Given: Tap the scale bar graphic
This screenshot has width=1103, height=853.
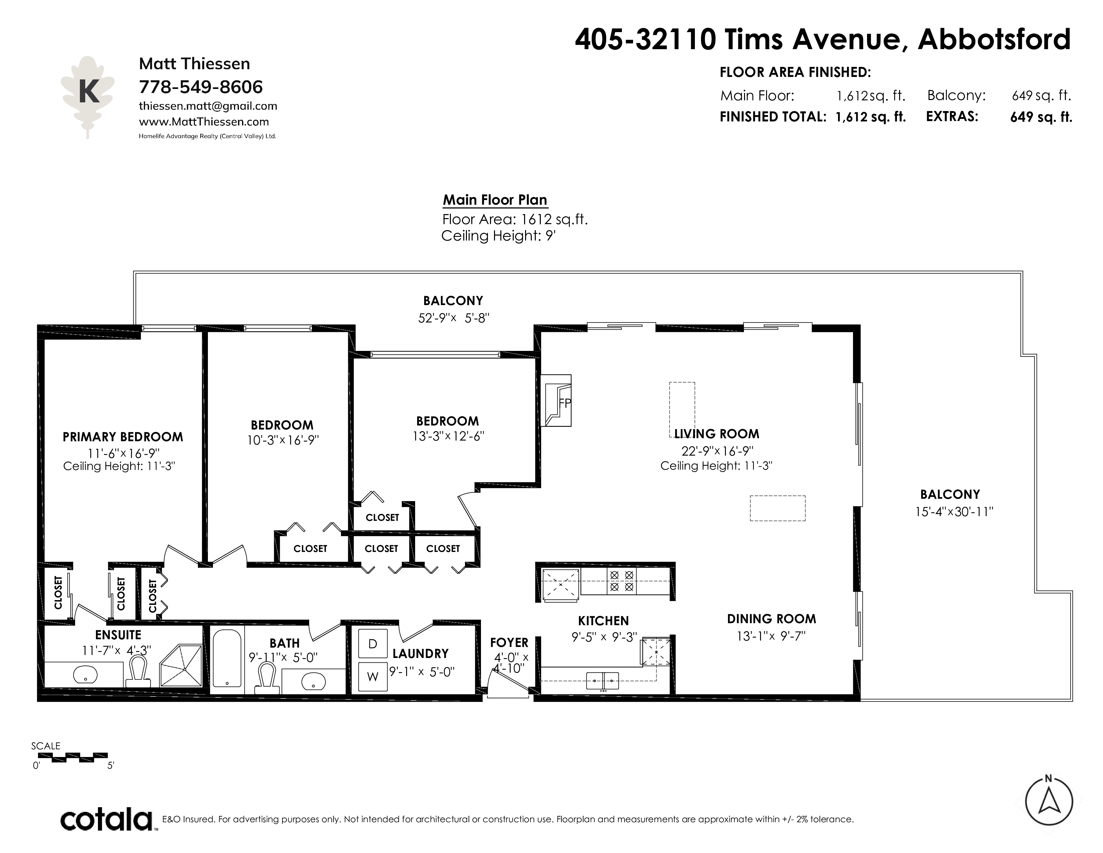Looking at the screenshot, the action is click(73, 756).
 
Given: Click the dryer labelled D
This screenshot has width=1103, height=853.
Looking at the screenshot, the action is click(373, 644).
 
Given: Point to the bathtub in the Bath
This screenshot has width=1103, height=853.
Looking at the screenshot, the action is click(227, 658).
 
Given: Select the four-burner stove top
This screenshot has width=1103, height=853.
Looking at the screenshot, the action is click(622, 581).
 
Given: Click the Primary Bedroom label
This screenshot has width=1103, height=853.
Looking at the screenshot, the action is click(123, 437).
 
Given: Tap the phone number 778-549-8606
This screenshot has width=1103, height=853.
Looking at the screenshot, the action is click(201, 87).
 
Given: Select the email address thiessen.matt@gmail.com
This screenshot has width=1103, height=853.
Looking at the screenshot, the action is click(208, 106).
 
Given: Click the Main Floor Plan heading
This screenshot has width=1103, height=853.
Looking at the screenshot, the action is click(495, 200).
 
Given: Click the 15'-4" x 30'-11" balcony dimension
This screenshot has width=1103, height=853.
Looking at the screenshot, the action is click(954, 511).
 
